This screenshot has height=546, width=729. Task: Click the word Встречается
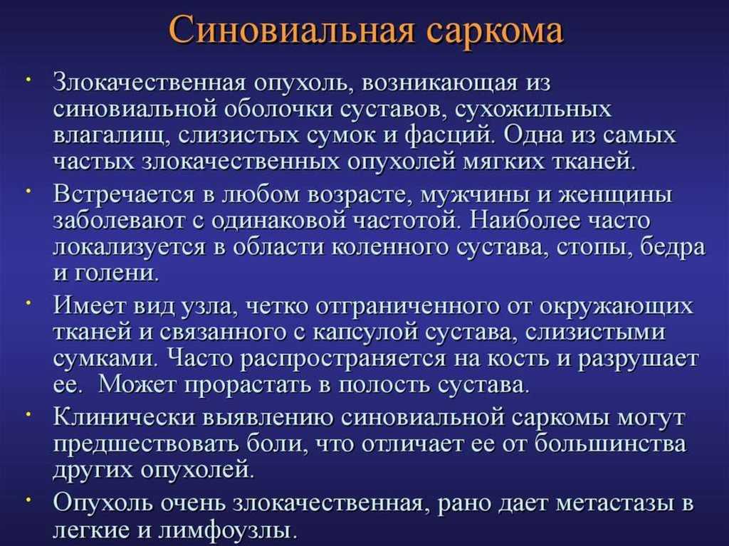[x=123, y=194]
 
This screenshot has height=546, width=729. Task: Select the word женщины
[x=615, y=194]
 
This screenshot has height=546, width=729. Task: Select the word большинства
[x=610, y=443]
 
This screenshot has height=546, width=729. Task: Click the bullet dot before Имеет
[x=28, y=302]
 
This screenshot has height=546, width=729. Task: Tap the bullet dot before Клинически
[x=28, y=412]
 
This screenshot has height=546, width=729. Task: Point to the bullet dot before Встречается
[x=28, y=190]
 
